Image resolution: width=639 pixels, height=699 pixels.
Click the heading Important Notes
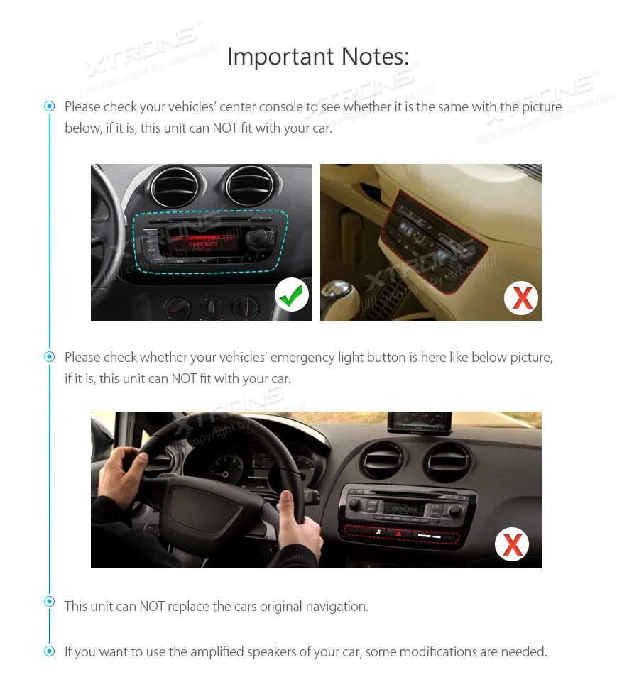coord(317,56)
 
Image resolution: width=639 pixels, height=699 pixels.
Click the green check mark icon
coord(292,295)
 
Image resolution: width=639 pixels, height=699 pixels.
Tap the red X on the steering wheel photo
coord(512,545)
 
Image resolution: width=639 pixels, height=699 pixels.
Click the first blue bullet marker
coord(49,106)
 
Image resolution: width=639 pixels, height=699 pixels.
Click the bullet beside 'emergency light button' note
coord(49,356)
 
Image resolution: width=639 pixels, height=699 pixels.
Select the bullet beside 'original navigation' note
coord(49,601)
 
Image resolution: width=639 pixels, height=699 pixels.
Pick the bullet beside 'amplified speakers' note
coord(49,651)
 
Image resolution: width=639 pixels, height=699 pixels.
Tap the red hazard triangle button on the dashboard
coord(398,532)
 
